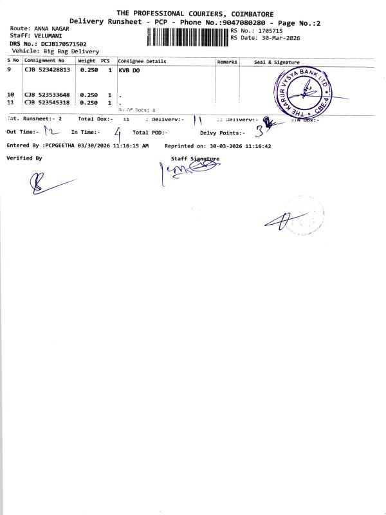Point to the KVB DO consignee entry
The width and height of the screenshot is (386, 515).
(129, 70)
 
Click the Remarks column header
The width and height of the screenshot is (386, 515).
(227, 62)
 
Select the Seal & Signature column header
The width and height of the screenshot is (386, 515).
(281, 62)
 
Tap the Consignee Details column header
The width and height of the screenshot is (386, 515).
(142, 61)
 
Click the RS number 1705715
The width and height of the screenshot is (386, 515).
(268, 30)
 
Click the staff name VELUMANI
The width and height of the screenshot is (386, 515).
(50, 37)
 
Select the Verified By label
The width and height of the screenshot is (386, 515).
(24, 158)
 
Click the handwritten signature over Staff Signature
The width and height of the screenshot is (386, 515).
(187, 169)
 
